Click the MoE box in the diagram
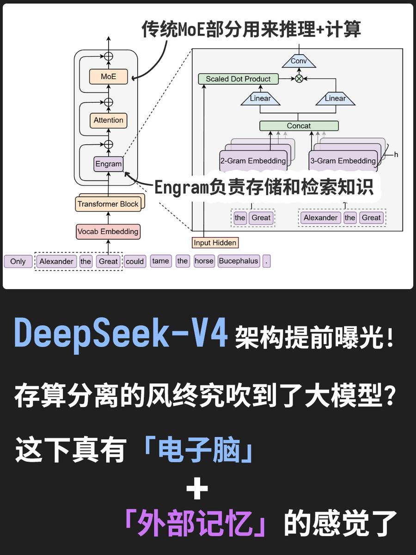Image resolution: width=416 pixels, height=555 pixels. pos(109,77)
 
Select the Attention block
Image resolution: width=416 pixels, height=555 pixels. pos(109,120)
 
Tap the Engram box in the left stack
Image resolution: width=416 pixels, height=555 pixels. pos(109,164)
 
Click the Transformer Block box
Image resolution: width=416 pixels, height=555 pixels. pos(108,204)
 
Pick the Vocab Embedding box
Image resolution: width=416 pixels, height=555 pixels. pos(108,232)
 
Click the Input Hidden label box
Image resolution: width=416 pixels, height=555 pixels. pos(215,242)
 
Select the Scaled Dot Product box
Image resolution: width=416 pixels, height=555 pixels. pos(238,79)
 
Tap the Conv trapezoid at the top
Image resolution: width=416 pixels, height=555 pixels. pos(299,61)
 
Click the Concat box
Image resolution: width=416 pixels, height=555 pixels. pos(299,126)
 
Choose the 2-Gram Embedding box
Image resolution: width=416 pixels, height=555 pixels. pos(253,160)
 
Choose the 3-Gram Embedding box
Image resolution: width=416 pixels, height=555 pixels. pos(343,160)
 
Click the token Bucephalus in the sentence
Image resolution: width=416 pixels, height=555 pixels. pos(239,261)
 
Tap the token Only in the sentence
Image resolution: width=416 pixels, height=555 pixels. pos(18,261)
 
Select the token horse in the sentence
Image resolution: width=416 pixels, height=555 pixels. pos(204,261)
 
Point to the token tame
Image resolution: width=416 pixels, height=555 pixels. pos(160,261)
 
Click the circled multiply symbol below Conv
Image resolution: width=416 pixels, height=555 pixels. pos(299,79)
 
